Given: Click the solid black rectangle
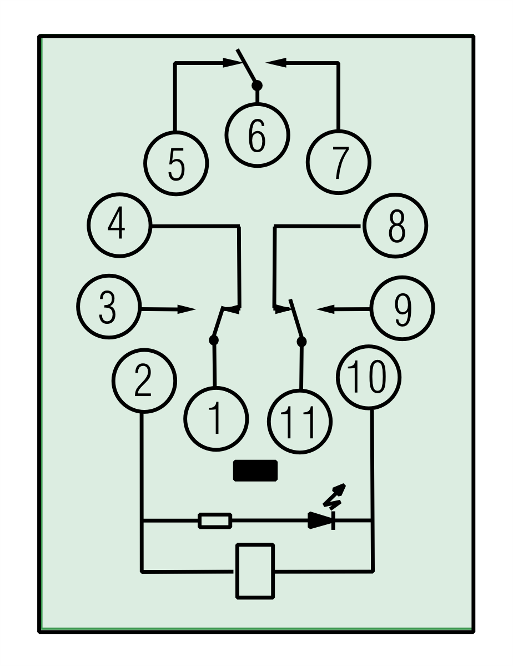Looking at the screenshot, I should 255,470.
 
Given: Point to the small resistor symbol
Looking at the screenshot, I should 215,521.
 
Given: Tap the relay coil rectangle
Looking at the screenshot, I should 255,571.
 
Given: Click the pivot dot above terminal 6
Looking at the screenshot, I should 256,86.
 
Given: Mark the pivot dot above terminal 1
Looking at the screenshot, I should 213,339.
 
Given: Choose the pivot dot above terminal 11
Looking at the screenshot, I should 301,340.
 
